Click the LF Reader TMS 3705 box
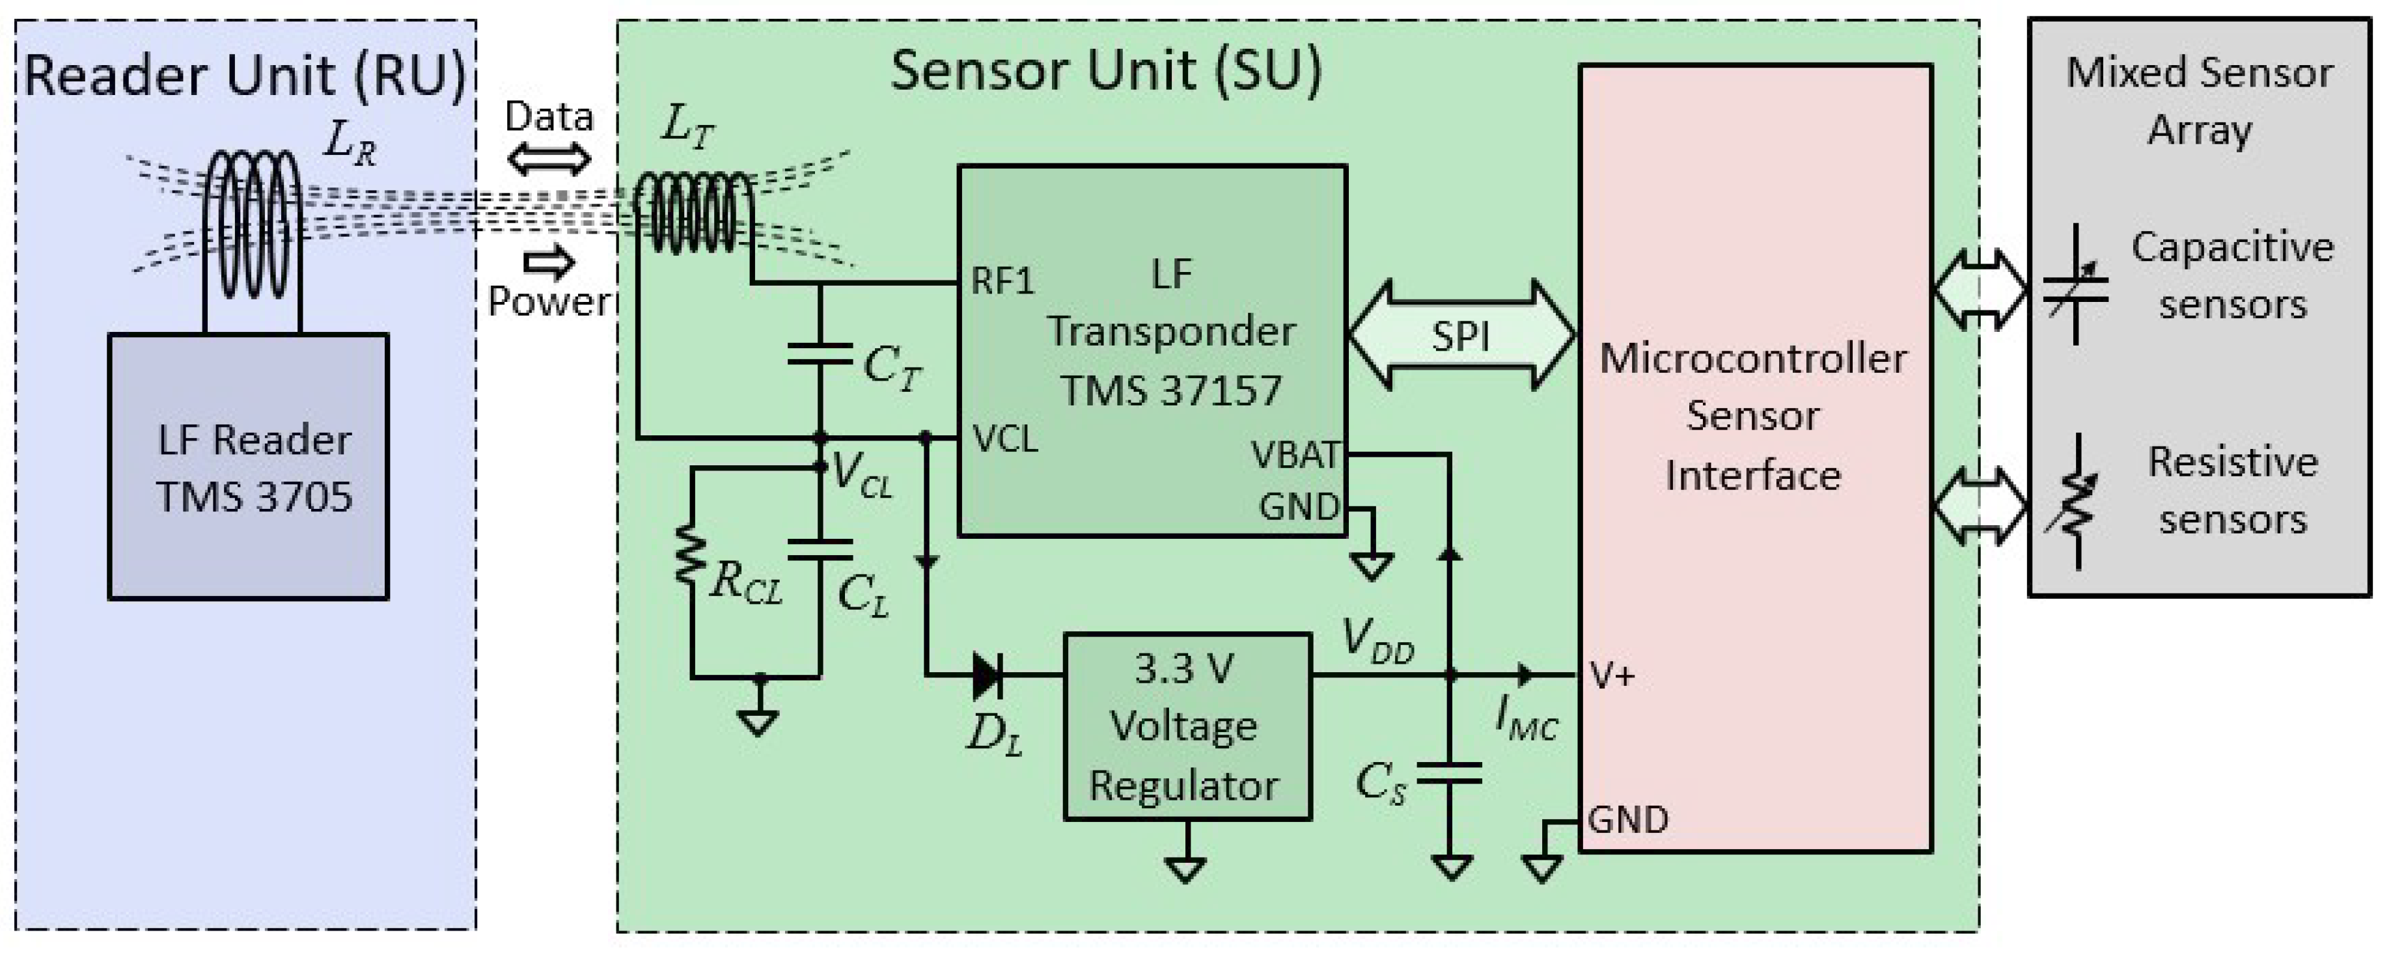pos(249,467)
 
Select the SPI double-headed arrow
pos(1461,335)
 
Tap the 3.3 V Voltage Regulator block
pos(1186,727)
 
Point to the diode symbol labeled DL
pos(988,675)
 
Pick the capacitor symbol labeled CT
pos(820,353)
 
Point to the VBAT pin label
pos(1295,455)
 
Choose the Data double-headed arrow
pos(549,159)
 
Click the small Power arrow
pos(549,263)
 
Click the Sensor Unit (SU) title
pos(1105,70)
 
